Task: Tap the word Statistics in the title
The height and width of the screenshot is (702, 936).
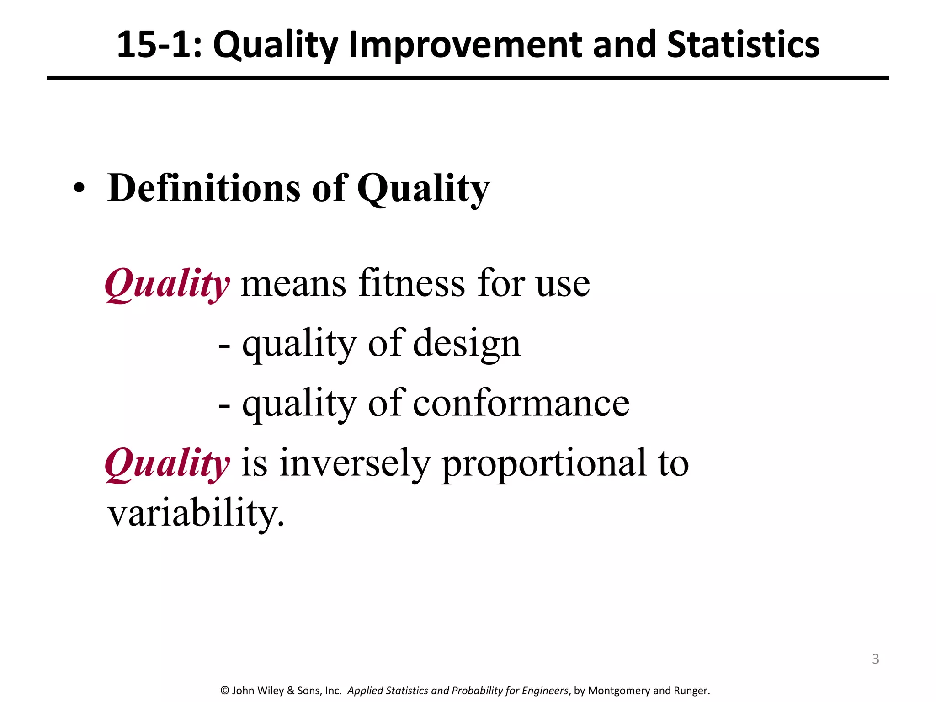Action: click(743, 45)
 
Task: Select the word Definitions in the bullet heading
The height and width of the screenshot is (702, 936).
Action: click(204, 188)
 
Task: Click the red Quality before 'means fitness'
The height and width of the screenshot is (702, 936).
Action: click(167, 284)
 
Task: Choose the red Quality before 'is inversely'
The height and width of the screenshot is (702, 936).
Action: click(167, 464)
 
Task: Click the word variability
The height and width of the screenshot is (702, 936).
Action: click(196, 513)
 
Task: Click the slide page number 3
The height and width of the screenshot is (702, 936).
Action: click(875, 659)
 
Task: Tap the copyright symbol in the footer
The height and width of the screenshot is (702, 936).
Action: click(224, 691)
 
